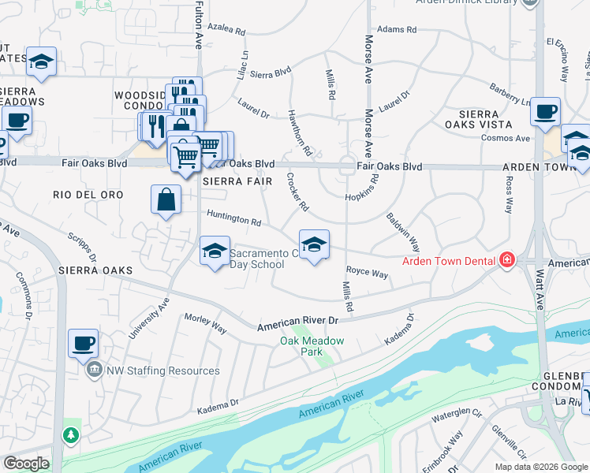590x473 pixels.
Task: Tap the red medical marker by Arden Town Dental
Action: (x=506, y=260)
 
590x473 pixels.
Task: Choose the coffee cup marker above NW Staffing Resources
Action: (x=84, y=343)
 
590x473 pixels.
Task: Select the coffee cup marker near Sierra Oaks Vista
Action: (x=545, y=112)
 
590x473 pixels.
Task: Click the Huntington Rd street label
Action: (x=233, y=218)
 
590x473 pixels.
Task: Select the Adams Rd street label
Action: (x=396, y=29)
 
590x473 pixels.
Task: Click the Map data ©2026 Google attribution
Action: (x=540, y=467)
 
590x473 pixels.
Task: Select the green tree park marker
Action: (x=72, y=434)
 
